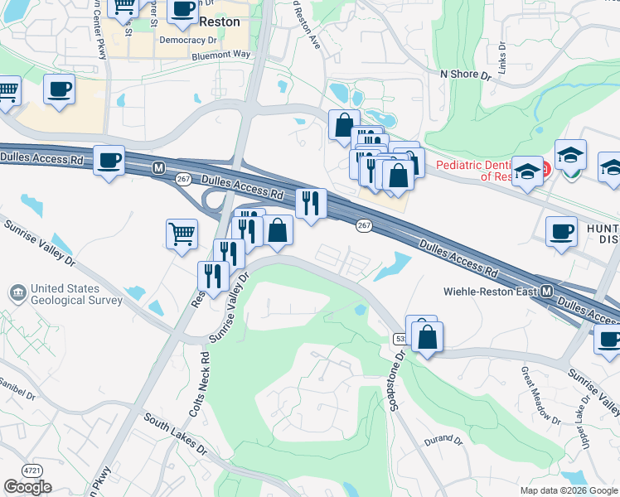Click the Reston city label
(219, 22)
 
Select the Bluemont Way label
(220, 54)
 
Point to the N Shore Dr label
(466, 74)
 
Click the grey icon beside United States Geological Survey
(17, 293)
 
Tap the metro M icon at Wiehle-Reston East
(547, 292)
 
